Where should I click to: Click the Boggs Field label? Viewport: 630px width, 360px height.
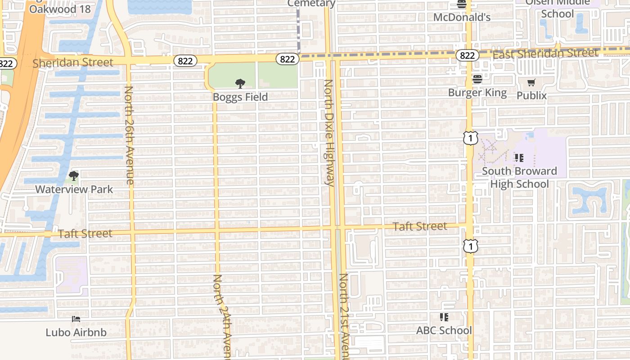[x=240, y=97]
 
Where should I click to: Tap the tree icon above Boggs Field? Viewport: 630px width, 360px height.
[x=240, y=83]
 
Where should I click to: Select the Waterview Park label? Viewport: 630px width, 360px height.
[x=74, y=189]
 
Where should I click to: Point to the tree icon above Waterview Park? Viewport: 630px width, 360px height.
[x=74, y=175]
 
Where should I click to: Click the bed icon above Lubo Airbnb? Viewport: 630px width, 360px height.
[x=76, y=319]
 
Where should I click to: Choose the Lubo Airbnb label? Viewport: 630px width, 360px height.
[x=76, y=333]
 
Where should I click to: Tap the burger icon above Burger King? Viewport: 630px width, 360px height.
[x=477, y=79]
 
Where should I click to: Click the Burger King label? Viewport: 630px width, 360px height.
[x=477, y=93]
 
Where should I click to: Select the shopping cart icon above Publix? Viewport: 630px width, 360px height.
[x=531, y=82]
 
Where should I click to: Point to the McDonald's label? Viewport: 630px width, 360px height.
[x=462, y=17]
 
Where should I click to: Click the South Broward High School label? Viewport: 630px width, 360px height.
[x=519, y=177]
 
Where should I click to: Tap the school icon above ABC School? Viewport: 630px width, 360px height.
[x=444, y=317]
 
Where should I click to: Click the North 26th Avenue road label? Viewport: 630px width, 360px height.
[x=129, y=135]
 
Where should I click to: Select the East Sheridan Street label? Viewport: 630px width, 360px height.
[x=545, y=54]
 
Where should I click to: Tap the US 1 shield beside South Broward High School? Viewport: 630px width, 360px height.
[x=470, y=138]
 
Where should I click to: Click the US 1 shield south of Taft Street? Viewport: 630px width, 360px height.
[x=471, y=246]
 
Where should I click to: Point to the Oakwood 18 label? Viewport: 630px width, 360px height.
[x=60, y=9]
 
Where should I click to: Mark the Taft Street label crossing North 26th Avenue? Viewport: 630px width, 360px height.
[x=85, y=233]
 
